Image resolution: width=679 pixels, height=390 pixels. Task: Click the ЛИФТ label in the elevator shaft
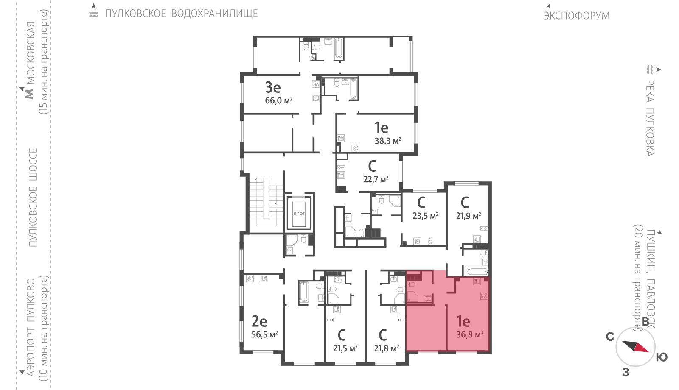(299, 214)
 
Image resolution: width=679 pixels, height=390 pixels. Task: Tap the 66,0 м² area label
(278, 100)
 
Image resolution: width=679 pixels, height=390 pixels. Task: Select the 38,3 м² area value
(388, 141)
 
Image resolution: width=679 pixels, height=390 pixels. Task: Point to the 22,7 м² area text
(376, 179)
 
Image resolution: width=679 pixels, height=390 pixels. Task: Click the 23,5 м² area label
(425, 216)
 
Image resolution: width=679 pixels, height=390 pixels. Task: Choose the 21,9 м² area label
(469, 216)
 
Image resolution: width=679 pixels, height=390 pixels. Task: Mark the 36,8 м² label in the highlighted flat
(469, 334)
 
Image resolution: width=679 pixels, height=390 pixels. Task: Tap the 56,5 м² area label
(264, 334)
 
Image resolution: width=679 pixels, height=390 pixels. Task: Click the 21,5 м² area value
(345, 348)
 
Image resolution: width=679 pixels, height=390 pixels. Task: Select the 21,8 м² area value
(386, 348)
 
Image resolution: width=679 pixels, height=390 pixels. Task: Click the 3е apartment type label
(273, 87)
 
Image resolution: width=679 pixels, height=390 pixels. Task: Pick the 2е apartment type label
(259, 321)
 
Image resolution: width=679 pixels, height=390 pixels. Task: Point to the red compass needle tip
(649, 351)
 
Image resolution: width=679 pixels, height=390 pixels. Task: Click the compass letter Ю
(662, 357)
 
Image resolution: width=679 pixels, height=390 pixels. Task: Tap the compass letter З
(626, 372)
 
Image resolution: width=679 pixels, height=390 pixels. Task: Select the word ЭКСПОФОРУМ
(576, 16)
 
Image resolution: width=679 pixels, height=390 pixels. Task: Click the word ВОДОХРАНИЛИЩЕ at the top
(214, 14)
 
